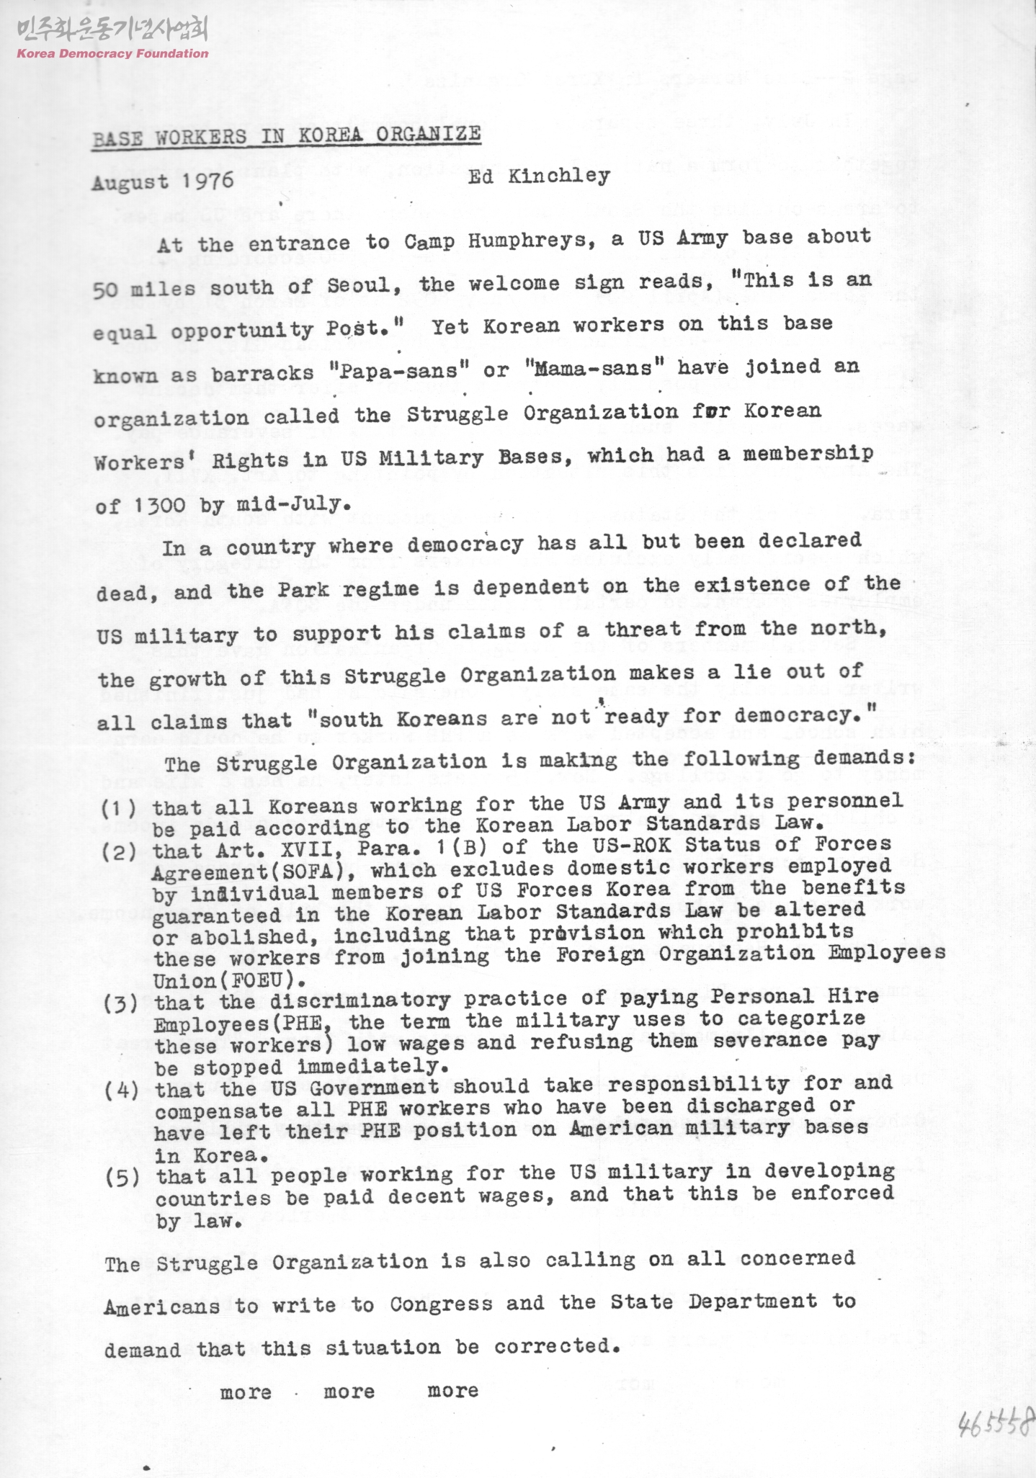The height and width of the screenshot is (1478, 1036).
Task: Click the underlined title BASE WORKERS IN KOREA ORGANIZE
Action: tap(286, 135)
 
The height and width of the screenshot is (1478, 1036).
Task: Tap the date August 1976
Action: tap(162, 181)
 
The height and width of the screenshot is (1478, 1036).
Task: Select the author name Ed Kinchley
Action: tap(538, 176)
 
